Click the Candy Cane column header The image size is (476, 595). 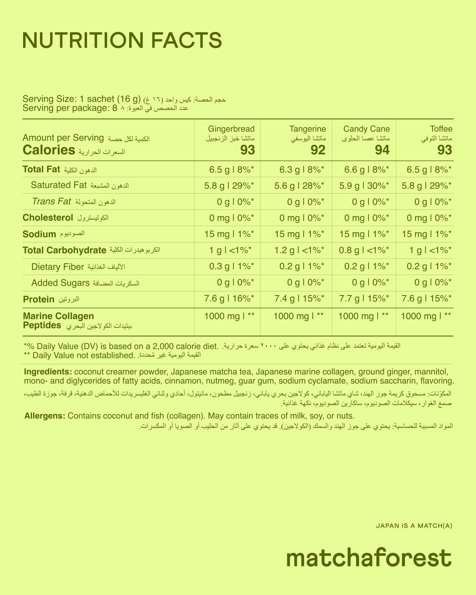tap(366, 129)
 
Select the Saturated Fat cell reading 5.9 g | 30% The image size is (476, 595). tap(364, 185)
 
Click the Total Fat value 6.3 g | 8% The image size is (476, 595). tap(302, 169)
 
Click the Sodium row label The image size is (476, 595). tap(39, 234)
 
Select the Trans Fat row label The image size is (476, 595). tap(51, 202)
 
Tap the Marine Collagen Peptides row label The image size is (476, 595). tap(58, 321)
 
